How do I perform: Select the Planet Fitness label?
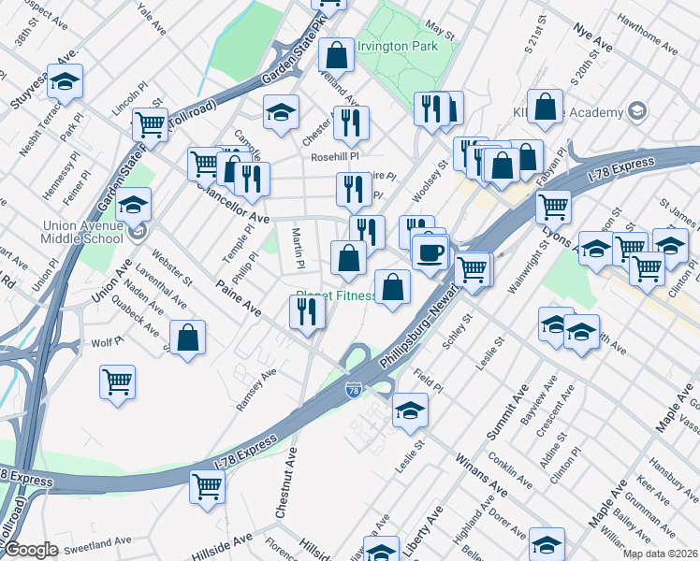[336, 297]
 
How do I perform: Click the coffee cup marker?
[430, 252]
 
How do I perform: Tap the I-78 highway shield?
[352, 392]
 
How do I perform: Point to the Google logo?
[30, 550]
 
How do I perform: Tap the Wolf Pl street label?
[106, 343]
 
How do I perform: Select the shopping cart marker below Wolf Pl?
[118, 381]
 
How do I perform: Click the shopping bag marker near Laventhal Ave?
[188, 338]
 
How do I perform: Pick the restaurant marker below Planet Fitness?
[307, 313]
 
